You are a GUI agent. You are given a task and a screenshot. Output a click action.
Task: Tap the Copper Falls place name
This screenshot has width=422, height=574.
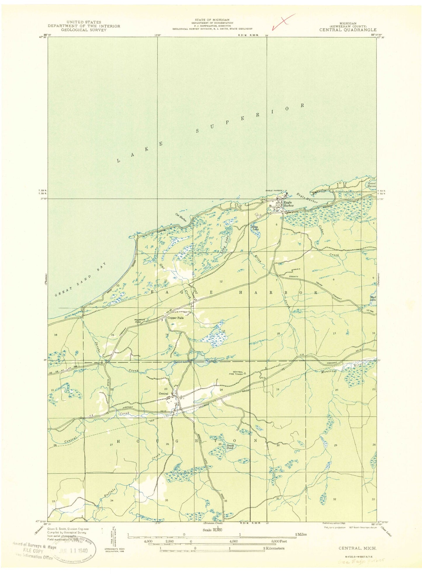click(175, 318)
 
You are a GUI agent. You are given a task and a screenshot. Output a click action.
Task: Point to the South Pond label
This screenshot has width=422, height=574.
click(230, 447)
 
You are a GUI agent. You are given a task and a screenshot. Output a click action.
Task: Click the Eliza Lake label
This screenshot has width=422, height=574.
click(255, 228)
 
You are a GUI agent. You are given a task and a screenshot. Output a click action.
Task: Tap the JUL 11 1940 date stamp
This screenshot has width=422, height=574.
click(73, 550)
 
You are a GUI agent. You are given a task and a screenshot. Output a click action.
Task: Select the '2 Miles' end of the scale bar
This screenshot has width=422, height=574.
click(300, 534)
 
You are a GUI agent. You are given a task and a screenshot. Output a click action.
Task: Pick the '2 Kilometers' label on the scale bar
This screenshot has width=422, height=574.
click(273, 548)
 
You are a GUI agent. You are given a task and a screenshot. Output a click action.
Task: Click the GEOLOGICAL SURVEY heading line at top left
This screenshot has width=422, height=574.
click(84, 30)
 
